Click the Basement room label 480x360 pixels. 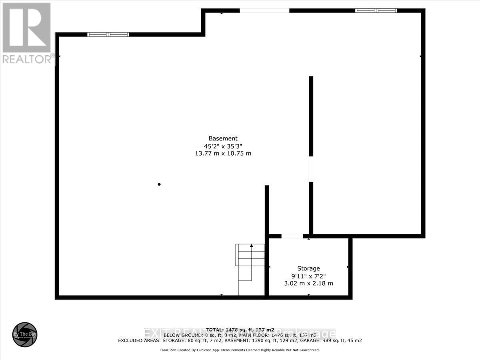223,138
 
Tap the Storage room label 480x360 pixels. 308,268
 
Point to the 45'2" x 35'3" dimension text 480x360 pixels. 223,146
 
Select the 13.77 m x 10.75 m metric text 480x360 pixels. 223,154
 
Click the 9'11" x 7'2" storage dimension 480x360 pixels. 308,276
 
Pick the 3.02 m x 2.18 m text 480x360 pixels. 308,284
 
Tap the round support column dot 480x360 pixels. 159,184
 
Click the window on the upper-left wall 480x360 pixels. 108,34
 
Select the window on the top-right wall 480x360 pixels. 376,10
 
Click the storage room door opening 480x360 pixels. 292,236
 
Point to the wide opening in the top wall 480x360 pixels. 264,10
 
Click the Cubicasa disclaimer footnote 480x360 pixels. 240,350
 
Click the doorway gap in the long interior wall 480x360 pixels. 311,169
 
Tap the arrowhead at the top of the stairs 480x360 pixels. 251,245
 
